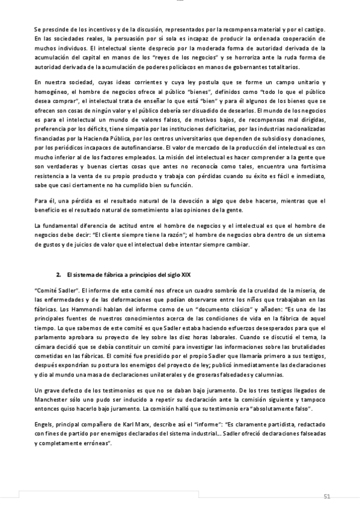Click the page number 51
pyautogui.click(x=327, y=496)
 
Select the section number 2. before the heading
pyautogui.click(x=59, y=275)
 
